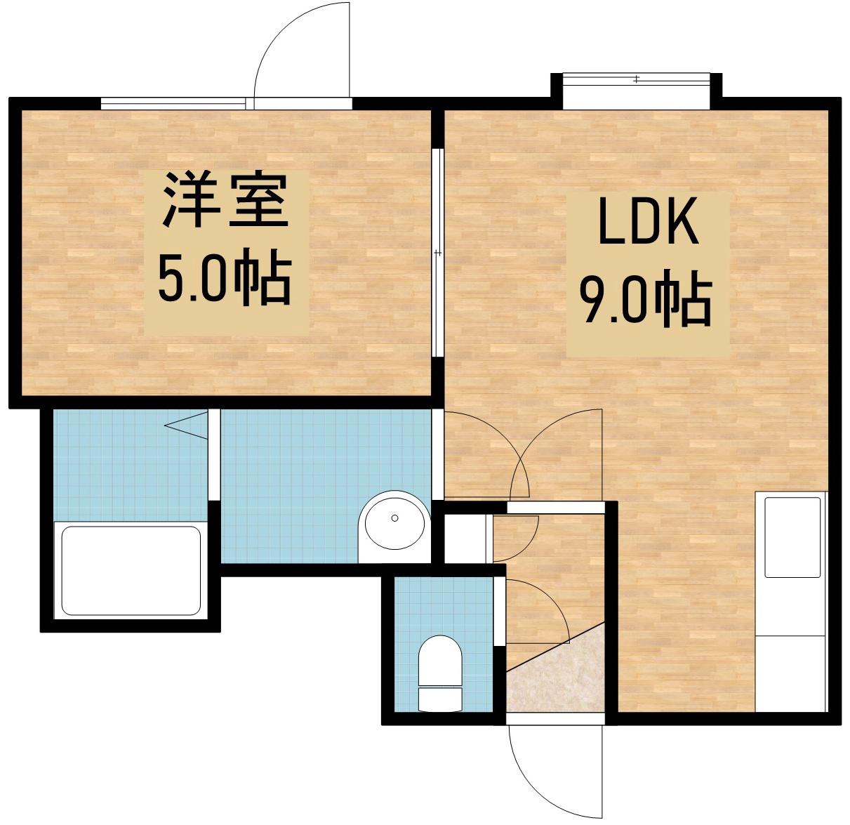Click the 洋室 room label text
coord(226,201)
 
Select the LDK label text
coord(647,222)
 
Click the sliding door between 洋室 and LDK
coord(437,253)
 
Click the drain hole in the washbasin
coord(394,518)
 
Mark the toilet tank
coord(440,699)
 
